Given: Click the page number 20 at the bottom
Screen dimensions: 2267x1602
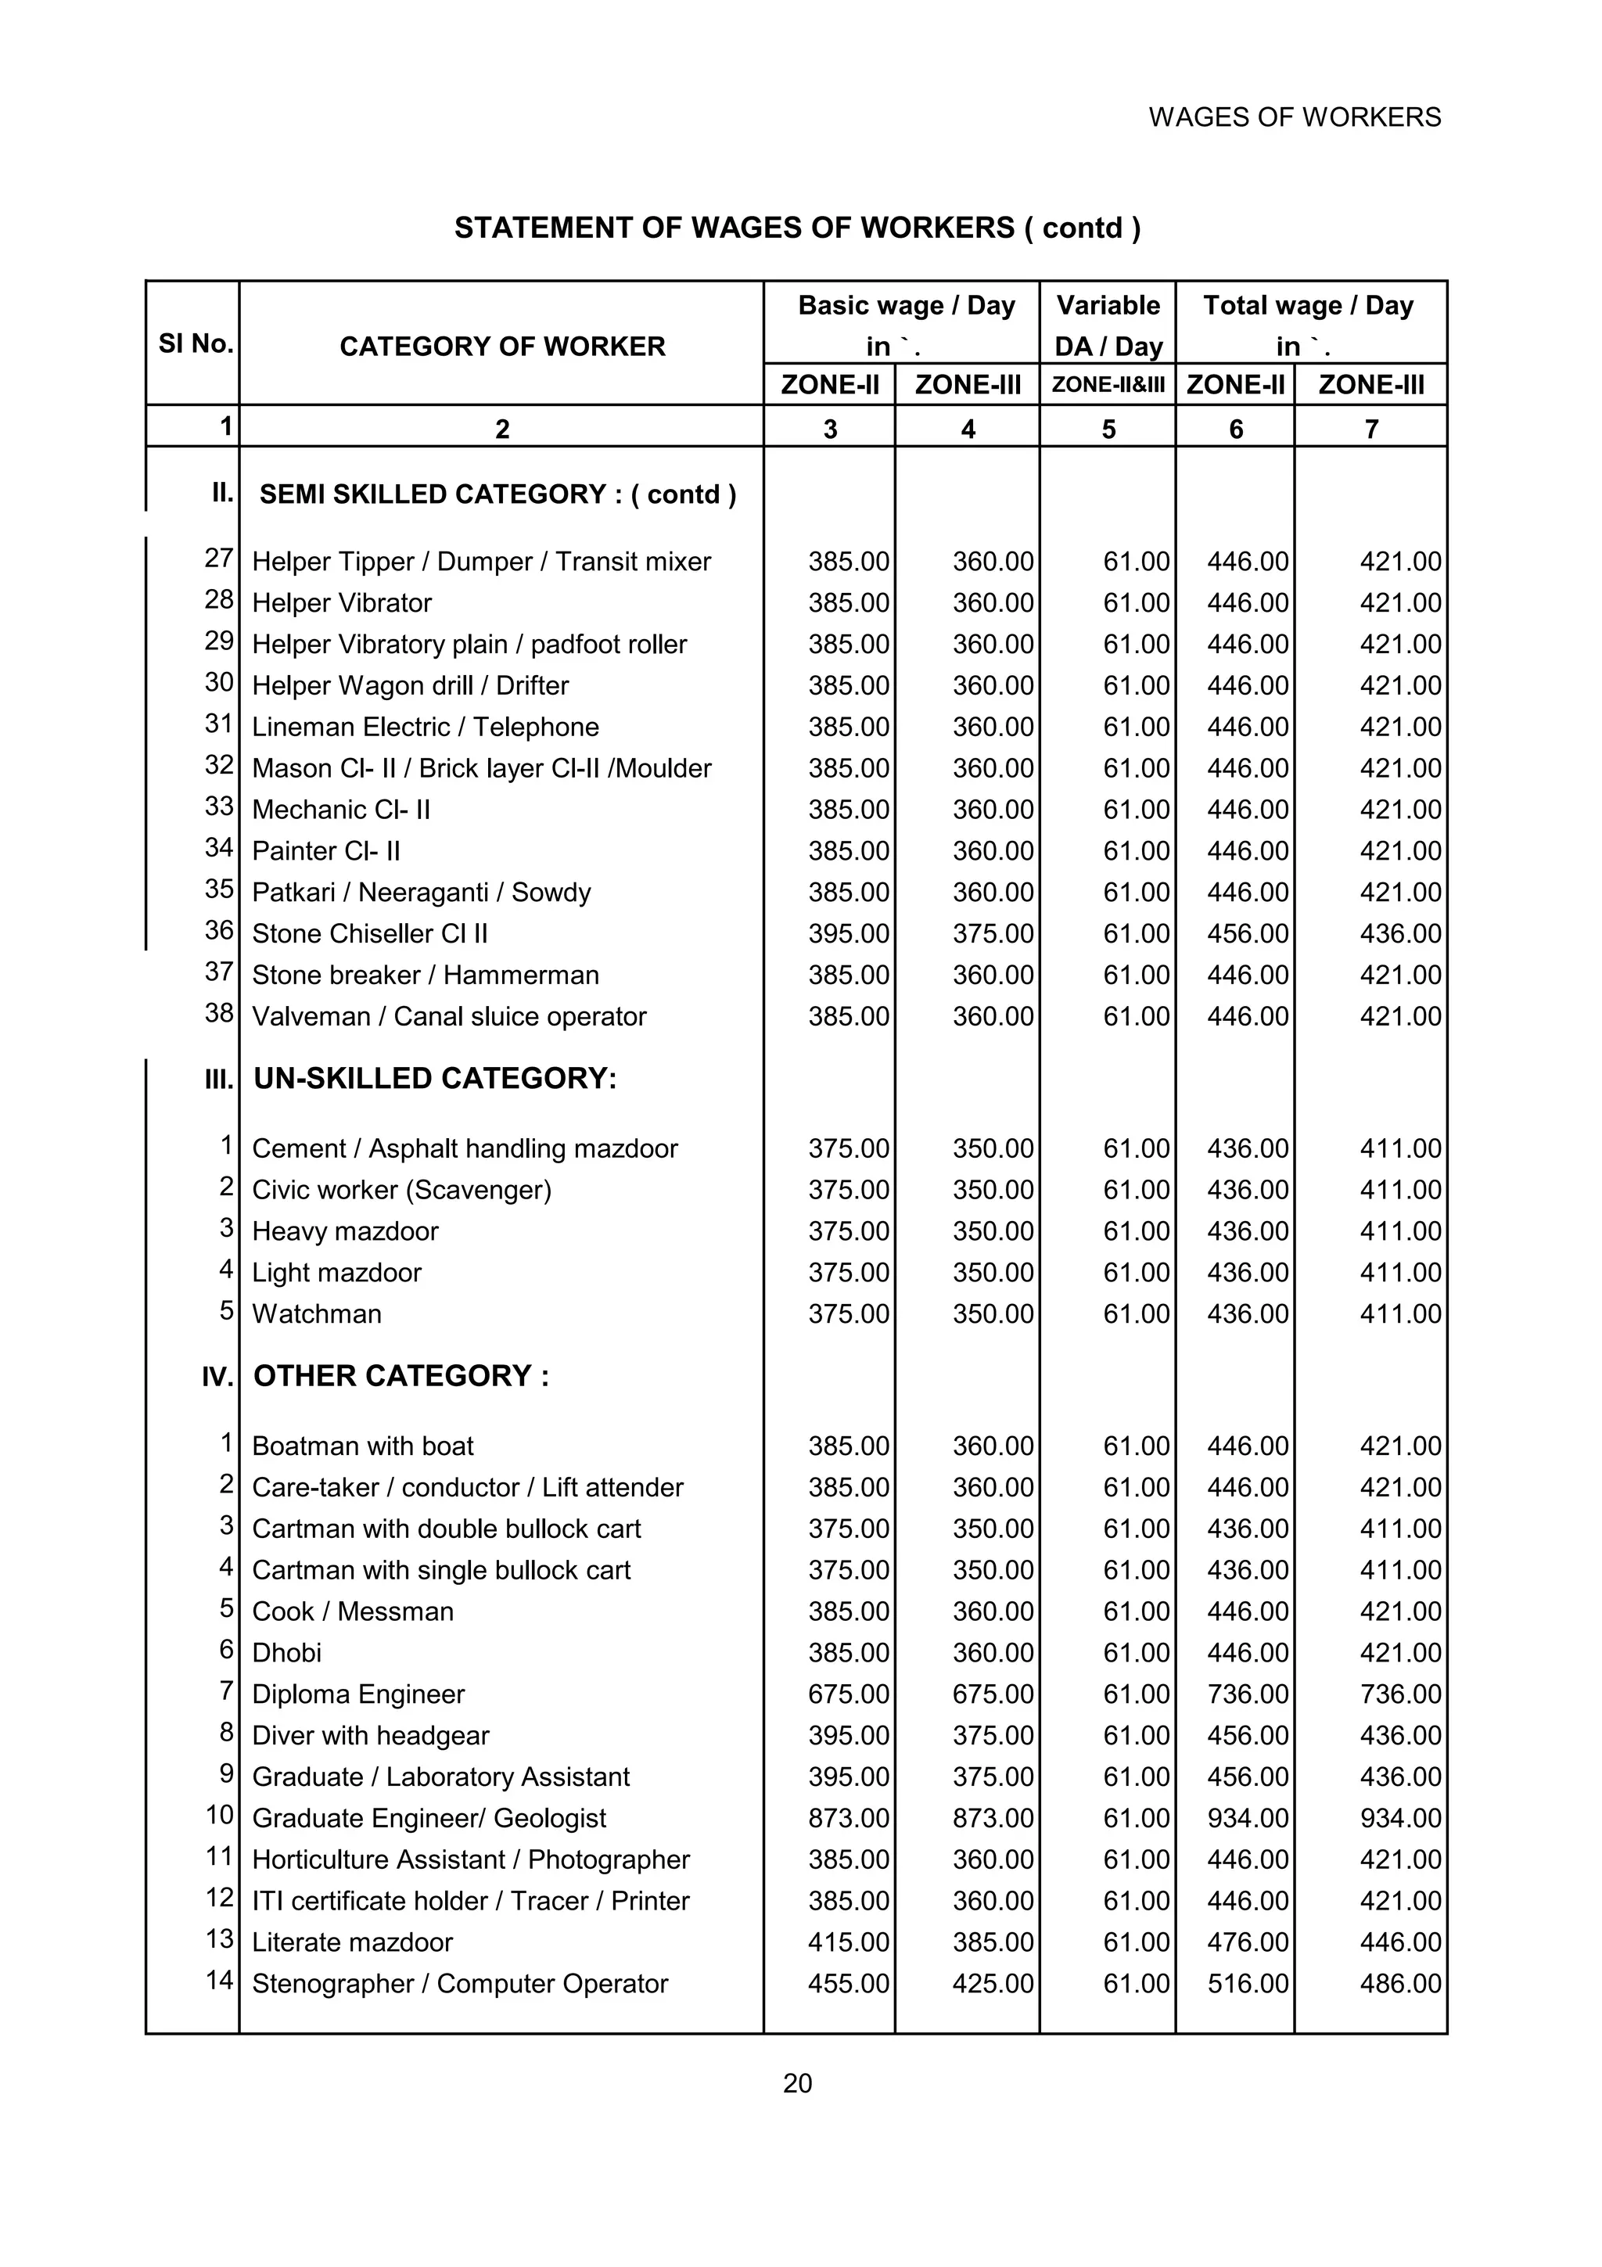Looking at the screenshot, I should tap(798, 2083).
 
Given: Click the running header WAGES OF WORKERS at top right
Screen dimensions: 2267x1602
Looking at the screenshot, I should tap(1294, 117).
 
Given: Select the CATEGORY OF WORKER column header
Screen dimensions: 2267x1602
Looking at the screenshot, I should tap(501, 347).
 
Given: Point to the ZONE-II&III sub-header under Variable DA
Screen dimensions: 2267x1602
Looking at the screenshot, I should tap(1108, 385).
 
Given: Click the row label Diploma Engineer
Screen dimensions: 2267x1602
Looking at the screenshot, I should tap(358, 1694).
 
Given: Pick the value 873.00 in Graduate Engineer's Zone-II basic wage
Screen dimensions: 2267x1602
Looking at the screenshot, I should tap(849, 1819).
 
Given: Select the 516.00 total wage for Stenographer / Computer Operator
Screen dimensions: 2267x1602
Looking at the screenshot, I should tap(1248, 1985).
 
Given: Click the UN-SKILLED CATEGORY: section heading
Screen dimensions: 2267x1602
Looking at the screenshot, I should tap(435, 1078).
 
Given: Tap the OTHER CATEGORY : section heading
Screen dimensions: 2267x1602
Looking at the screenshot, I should tap(402, 1377).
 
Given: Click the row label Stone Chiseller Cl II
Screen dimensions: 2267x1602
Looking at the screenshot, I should tap(369, 934).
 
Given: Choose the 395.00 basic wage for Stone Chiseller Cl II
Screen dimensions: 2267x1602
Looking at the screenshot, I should tap(849, 934).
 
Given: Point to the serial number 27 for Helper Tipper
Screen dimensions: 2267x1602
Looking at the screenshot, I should tap(218, 558).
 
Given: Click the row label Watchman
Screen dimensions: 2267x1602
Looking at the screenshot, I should tap(317, 1314).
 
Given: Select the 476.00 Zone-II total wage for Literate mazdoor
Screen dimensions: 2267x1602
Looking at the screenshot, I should tap(1248, 1943).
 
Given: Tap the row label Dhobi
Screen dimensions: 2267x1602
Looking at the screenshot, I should tap(287, 1653).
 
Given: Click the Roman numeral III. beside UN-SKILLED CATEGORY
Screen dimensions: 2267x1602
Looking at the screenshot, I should tap(218, 1080).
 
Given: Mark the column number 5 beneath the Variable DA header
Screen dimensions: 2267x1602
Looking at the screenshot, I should tap(1108, 429).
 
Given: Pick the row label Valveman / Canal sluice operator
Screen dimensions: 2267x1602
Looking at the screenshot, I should tap(449, 1017).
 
